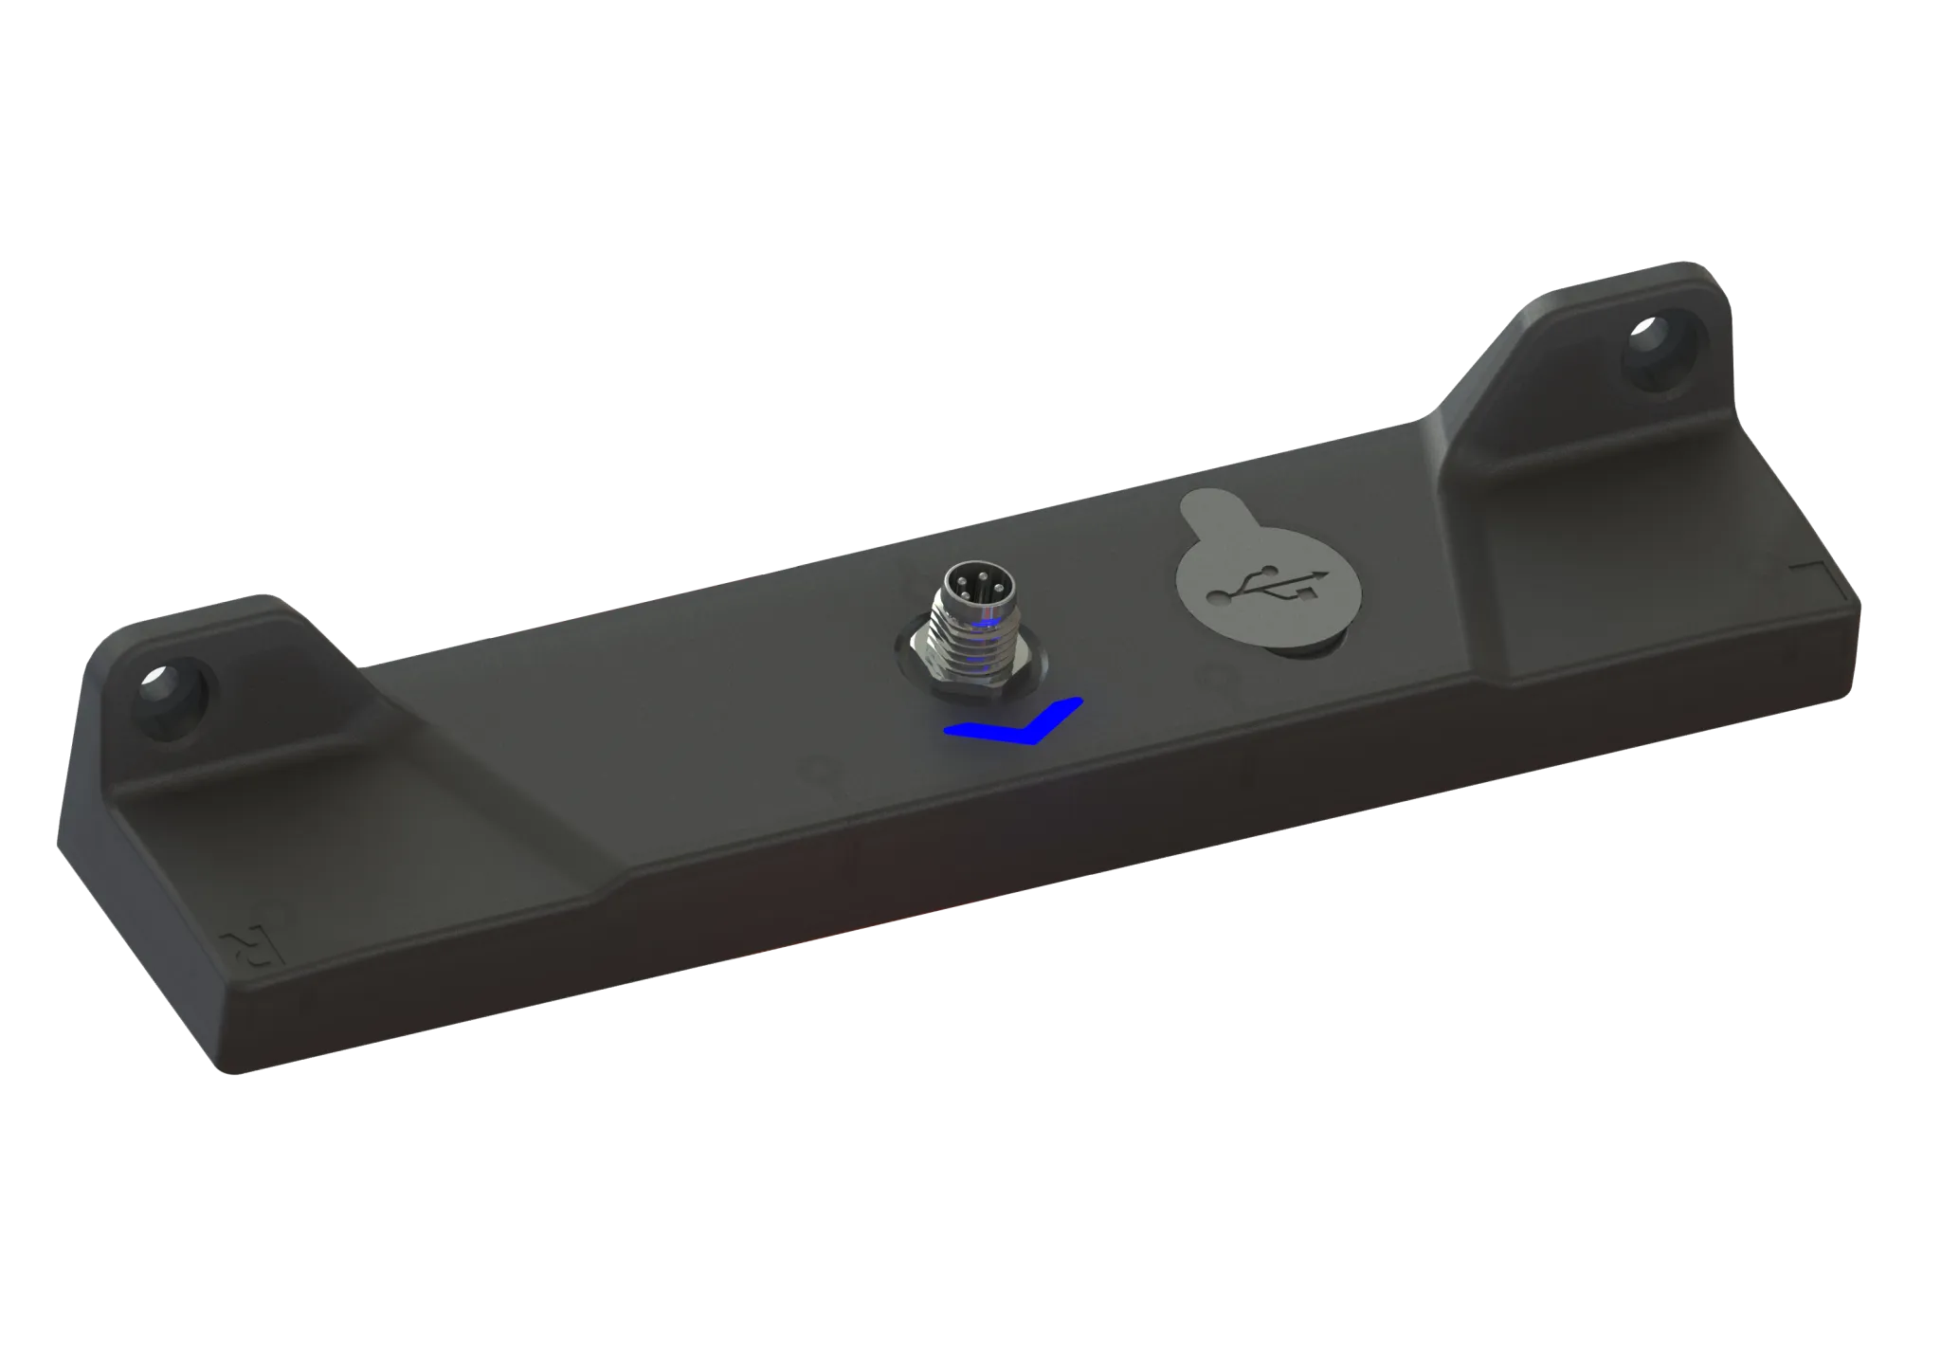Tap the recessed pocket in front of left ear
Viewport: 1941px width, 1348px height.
[x=313, y=834]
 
